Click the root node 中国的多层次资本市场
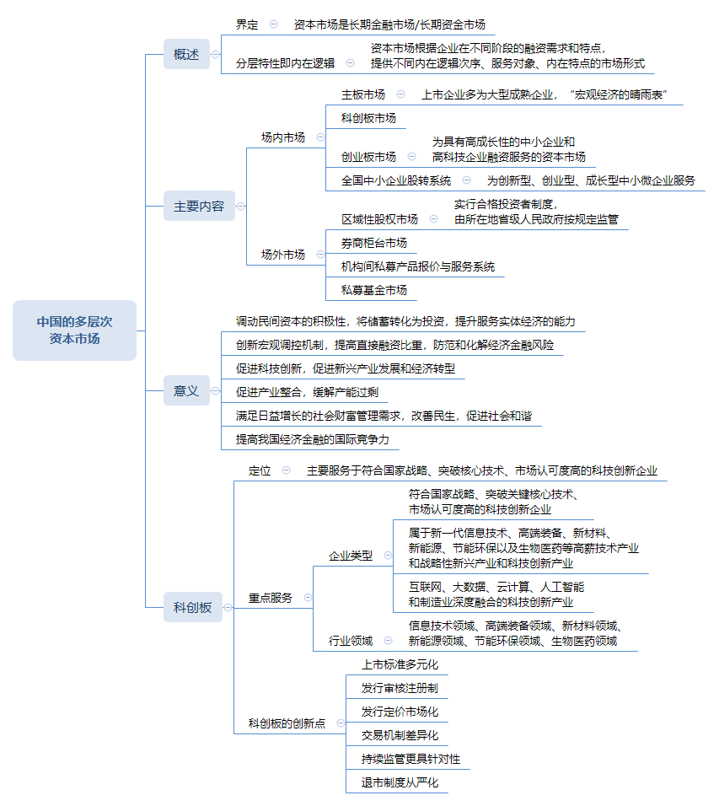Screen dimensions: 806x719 tap(74, 330)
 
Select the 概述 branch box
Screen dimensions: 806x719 tap(186, 54)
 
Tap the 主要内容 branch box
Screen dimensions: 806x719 tap(199, 206)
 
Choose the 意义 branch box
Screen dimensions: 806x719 tap(186, 390)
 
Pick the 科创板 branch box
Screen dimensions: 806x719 tap(193, 607)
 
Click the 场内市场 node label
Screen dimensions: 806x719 tap(283, 137)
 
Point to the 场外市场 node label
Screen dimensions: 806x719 tap(283, 254)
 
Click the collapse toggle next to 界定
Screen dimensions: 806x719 tap(273, 24)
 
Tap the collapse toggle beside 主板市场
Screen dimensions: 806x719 tap(400, 94)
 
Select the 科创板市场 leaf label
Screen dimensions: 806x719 tap(368, 118)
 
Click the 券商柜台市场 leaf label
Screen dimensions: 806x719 tap(374, 243)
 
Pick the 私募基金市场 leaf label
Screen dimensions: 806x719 tap(374, 290)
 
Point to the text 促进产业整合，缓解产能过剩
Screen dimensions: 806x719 tap(308, 392)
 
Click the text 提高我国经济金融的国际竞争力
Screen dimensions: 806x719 tap(313, 439)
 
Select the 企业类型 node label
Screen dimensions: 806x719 tap(351, 556)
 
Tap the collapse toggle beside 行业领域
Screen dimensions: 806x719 tap(388, 641)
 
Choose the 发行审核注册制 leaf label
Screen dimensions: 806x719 tap(400, 688)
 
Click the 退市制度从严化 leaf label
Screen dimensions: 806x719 tap(400, 782)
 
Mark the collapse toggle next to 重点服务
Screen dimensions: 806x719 tap(308, 598)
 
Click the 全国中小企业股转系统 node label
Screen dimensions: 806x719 tap(396, 180)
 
